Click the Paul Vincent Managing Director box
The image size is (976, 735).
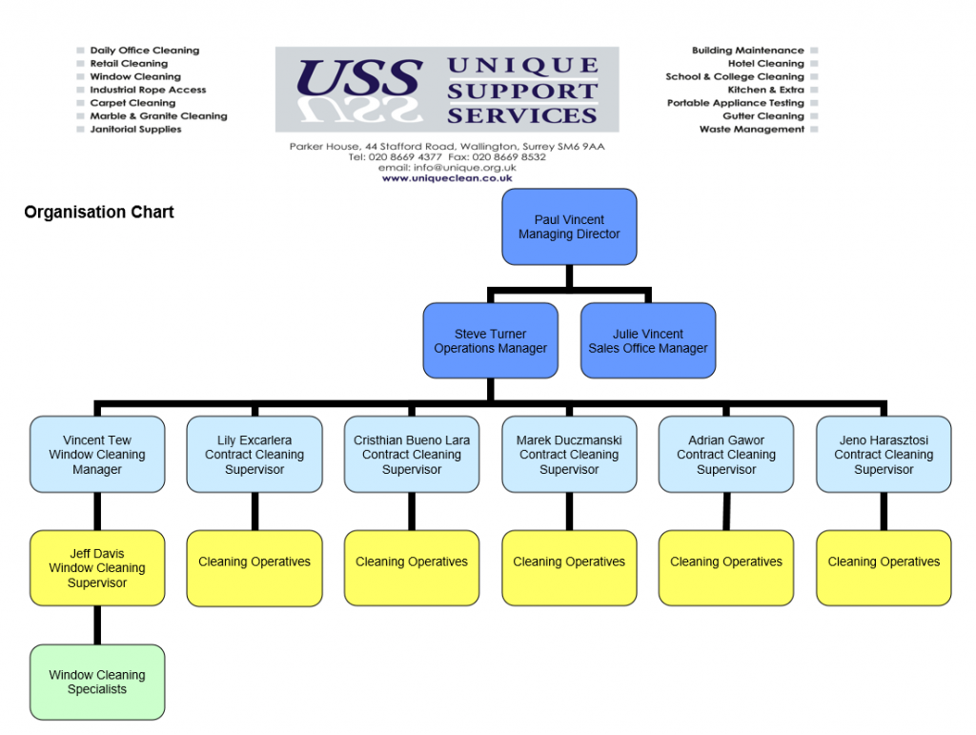[x=569, y=227]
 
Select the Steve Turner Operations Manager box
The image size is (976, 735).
[x=490, y=341]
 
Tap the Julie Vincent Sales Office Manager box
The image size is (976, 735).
[x=648, y=341]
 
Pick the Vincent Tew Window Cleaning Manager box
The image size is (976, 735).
[x=97, y=455]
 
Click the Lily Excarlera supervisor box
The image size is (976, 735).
[x=254, y=455]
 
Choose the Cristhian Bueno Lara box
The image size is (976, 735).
[x=412, y=455]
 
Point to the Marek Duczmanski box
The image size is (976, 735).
[x=569, y=455]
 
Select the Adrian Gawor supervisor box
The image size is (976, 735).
[x=726, y=455]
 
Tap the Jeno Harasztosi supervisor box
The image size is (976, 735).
[x=884, y=455]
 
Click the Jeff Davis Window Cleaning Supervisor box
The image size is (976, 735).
[x=97, y=568]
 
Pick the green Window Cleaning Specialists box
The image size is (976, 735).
[x=97, y=682]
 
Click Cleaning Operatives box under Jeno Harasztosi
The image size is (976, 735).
[x=884, y=568]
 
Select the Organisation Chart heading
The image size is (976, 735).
[x=99, y=213]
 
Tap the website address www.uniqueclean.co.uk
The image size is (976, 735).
[x=447, y=178]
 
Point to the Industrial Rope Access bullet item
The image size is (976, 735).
[x=148, y=90]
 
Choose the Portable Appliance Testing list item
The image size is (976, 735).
[x=735, y=103]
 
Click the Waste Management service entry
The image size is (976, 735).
[x=751, y=130]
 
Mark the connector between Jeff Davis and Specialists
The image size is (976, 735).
[x=97, y=625]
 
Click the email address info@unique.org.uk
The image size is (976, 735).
[x=447, y=168]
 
